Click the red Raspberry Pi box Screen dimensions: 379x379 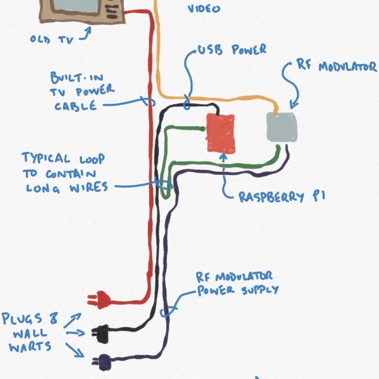coord(221,133)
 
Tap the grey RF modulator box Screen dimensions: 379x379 coord(282,127)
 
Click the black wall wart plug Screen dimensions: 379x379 coord(100,329)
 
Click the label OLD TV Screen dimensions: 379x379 coord(52,39)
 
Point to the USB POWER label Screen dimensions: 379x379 coord(232,49)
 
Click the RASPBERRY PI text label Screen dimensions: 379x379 coord(282,197)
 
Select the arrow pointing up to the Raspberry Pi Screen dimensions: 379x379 coord(225,171)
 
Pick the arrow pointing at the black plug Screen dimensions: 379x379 coord(75,332)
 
